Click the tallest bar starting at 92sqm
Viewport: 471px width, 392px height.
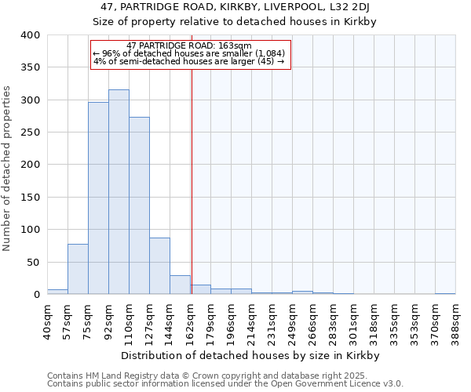(119, 192)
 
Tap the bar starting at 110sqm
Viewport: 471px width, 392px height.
(139, 205)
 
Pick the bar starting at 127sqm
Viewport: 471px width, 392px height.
(159, 266)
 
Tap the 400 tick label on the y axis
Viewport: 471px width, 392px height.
(30, 35)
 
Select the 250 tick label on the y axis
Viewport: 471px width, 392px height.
(30, 132)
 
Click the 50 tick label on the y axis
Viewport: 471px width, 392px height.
(33, 262)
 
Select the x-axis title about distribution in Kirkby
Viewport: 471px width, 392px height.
(250, 355)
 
